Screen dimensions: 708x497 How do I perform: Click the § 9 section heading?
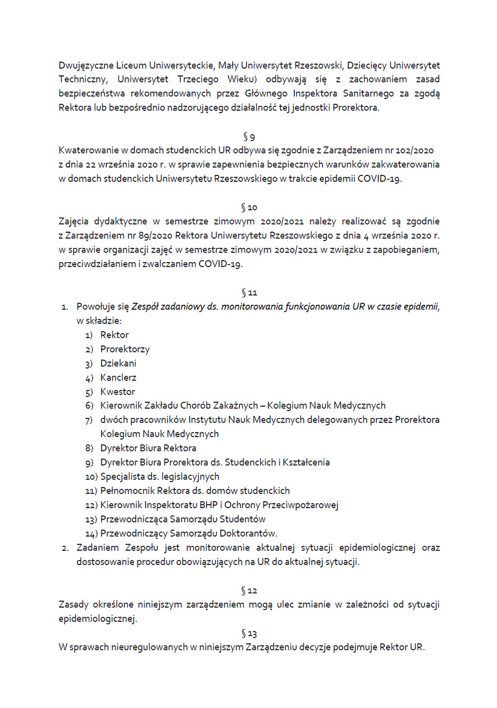249,136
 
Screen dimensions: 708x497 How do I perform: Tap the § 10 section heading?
249,207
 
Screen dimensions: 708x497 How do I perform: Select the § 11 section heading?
249,293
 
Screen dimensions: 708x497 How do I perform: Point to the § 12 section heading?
249,591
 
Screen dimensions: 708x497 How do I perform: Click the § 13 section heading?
249,633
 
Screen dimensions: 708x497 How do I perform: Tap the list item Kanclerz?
118,377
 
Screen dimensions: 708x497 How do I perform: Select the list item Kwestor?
118,392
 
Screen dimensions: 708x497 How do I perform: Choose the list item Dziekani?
118,363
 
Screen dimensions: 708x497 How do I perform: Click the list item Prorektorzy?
125,349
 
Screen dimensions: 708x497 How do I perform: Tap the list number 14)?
91,534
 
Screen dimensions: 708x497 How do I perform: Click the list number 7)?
89,420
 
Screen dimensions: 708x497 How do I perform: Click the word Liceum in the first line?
131,65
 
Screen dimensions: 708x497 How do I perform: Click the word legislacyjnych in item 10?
190,477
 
